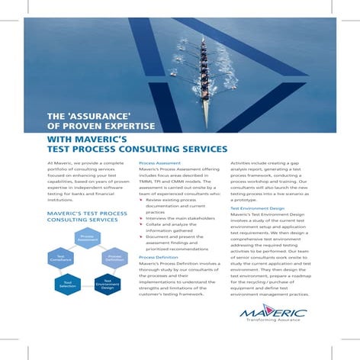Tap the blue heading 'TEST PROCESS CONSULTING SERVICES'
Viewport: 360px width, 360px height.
(x=137, y=149)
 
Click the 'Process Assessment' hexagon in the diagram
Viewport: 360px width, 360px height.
(x=87, y=239)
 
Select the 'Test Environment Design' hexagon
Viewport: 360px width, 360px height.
(x=107, y=284)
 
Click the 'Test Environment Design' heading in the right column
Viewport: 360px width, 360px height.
(x=257, y=207)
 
